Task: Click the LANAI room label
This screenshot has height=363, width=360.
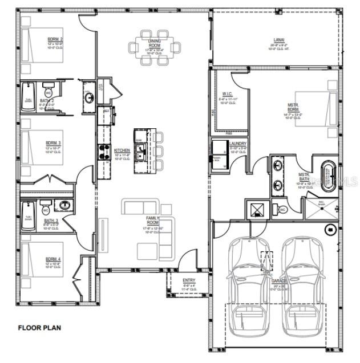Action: point(279,40)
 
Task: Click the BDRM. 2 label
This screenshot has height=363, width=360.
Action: point(55,39)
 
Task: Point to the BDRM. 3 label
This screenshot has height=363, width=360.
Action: point(54,144)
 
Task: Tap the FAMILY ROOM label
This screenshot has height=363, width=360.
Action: point(152,221)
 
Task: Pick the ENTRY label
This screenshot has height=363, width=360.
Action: point(188,280)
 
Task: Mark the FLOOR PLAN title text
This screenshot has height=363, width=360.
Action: point(39,328)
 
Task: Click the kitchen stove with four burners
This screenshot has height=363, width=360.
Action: point(105,150)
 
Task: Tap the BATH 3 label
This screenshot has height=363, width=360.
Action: point(51,221)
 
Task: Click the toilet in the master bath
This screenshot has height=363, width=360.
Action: point(282,210)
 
